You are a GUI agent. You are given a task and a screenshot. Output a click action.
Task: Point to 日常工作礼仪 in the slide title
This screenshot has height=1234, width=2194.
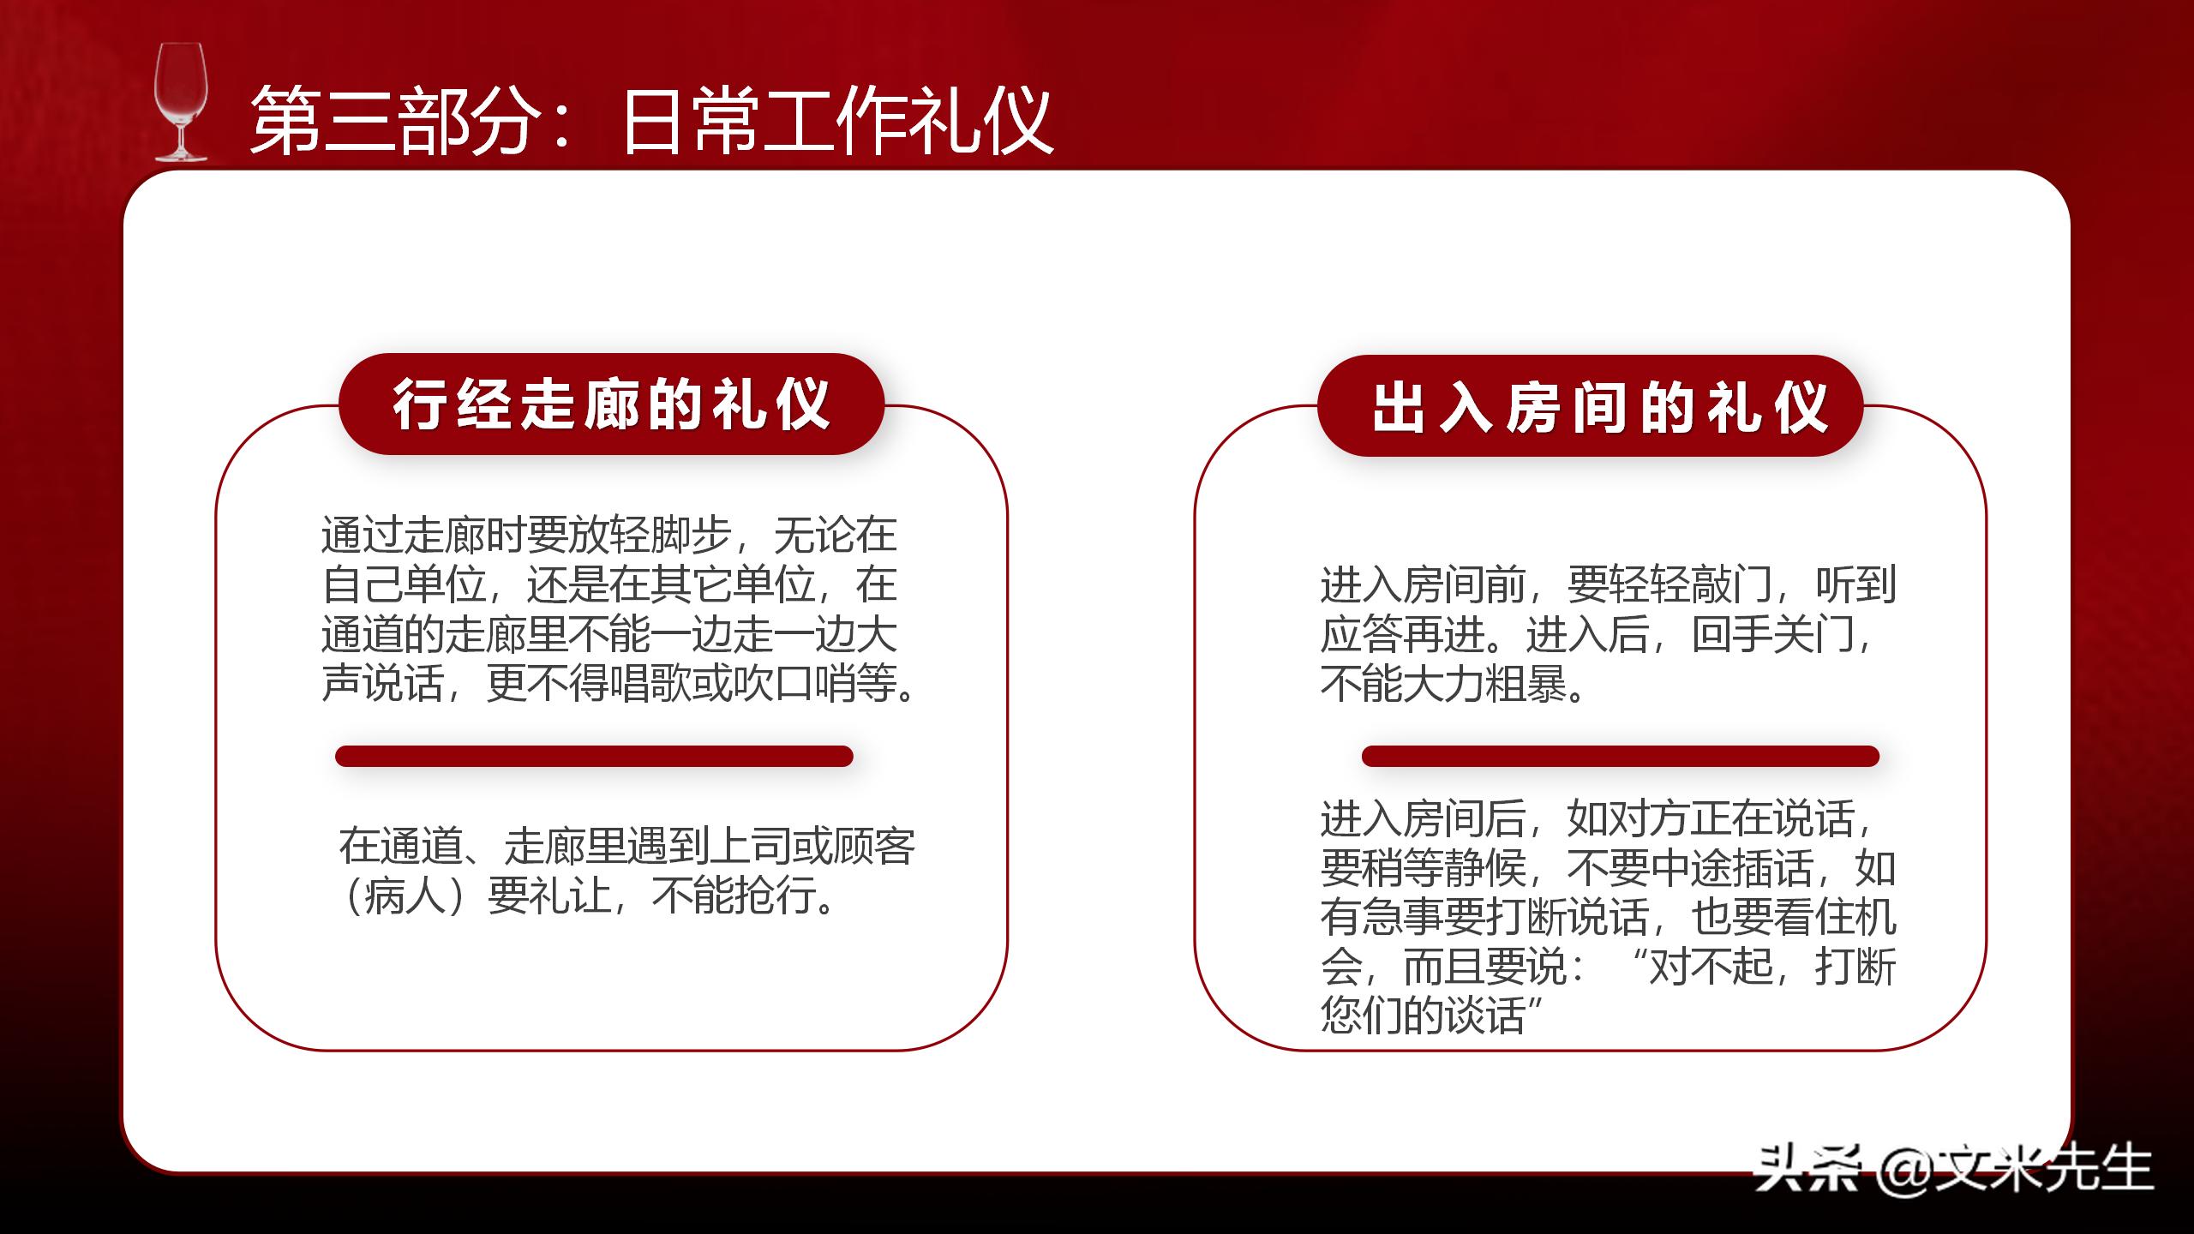[x=836, y=121]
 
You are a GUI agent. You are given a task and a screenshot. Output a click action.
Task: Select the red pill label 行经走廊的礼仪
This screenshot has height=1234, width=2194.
[x=611, y=404]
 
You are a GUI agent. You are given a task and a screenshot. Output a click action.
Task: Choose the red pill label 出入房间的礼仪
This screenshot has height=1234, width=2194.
[x=1591, y=406]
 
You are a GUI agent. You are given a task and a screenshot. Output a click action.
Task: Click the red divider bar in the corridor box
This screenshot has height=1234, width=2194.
[x=594, y=756]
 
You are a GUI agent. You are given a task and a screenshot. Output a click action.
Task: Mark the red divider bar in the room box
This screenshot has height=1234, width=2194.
[x=1620, y=756]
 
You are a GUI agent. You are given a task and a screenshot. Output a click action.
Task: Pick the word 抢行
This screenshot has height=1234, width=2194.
[x=771, y=896]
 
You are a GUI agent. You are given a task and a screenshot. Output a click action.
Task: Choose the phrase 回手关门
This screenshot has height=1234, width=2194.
[x=1773, y=635]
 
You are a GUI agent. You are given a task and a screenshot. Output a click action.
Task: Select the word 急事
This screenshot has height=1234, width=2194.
[x=1402, y=917]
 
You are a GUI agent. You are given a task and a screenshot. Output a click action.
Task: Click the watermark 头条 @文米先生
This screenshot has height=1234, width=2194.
[x=1954, y=1168]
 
